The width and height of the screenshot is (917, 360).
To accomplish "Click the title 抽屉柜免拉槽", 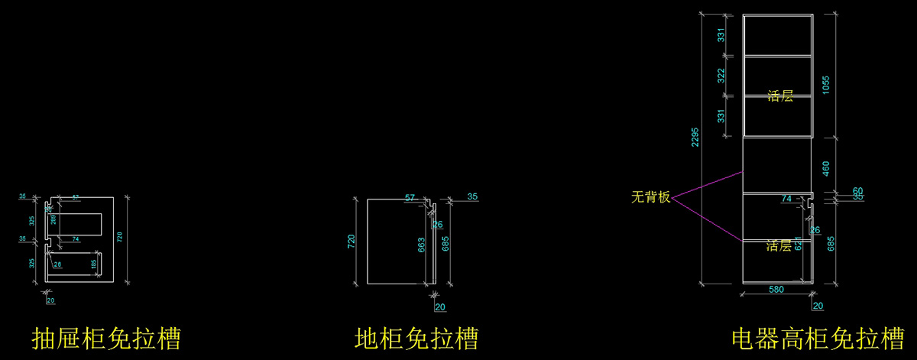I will pyautogui.click(x=106, y=338).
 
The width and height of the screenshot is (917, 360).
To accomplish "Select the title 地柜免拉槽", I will pyautogui.click(x=416, y=338).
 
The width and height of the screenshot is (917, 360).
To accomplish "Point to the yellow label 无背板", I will pyautogui.click(x=650, y=197).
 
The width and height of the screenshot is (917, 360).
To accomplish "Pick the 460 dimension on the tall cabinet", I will pyautogui.click(x=825, y=167).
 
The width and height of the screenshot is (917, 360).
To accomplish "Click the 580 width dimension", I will pyautogui.click(x=776, y=290).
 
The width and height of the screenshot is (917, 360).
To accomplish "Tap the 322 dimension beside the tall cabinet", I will pyautogui.click(x=721, y=75).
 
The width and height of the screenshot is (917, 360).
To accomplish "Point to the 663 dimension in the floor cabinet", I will pyautogui.click(x=421, y=245).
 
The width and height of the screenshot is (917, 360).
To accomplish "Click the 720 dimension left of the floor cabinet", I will pyautogui.click(x=352, y=242).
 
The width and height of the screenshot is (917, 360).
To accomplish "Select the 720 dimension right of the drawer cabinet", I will pyautogui.click(x=119, y=237).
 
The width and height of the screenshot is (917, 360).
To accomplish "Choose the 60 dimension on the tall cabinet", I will pyautogui.click(x=836, y=190).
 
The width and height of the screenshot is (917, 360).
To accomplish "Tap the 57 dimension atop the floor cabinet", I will pyautogui.click(x=410, y=198).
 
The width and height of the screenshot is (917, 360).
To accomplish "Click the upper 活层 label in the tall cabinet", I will pyautogui.click(x=779, y=96).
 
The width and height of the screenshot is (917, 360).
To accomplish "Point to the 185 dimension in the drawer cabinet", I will pyautogui.click(x=94, y=264).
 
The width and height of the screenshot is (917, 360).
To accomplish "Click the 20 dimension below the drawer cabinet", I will pyautogui.click(x=50, y=300).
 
